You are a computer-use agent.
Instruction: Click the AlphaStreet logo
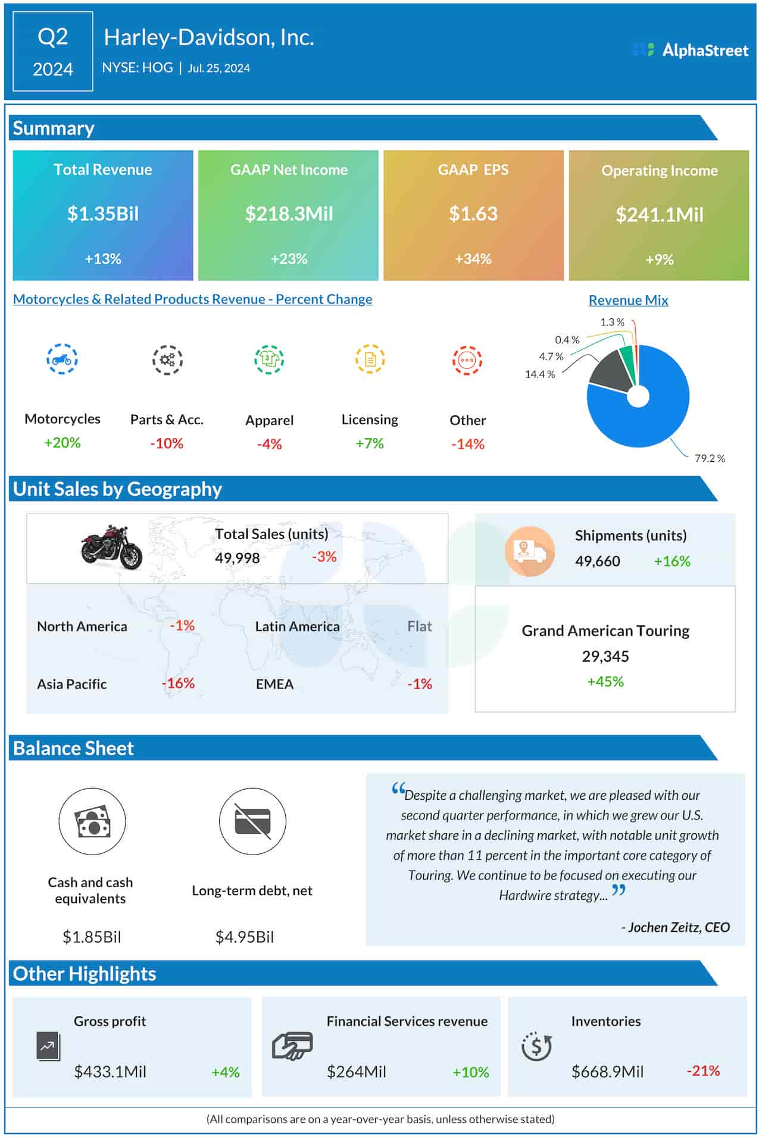pos(691,50)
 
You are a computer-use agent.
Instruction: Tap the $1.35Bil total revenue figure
pos(103,214)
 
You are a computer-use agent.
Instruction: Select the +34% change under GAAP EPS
pos(473,259)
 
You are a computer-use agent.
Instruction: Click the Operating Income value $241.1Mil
pos(659,215)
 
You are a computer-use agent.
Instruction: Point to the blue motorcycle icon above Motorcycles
pos(62,359)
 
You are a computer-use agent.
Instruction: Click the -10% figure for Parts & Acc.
pos(167,443)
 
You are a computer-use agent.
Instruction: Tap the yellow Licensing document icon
pos(370,359)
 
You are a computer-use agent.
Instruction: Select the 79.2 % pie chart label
pos(710,458)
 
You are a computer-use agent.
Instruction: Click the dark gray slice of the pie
pos(608,373)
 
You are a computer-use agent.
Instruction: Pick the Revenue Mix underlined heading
pos(628,301)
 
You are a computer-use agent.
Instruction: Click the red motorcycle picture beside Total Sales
pos(112,547)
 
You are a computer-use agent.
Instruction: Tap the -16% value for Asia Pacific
pos(178,683)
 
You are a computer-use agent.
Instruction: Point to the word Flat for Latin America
pos(420,626)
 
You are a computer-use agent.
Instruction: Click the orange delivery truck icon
pos(529,551)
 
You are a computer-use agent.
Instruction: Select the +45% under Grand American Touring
pos(605,681)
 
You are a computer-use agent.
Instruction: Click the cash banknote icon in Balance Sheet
pos(92,822)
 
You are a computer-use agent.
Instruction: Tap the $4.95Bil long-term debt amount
pos(245,937)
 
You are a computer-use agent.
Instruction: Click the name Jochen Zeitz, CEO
pos(675,927)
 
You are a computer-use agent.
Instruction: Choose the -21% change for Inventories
pos(703,1071)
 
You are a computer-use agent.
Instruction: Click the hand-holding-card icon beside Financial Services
pos(292,1046)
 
